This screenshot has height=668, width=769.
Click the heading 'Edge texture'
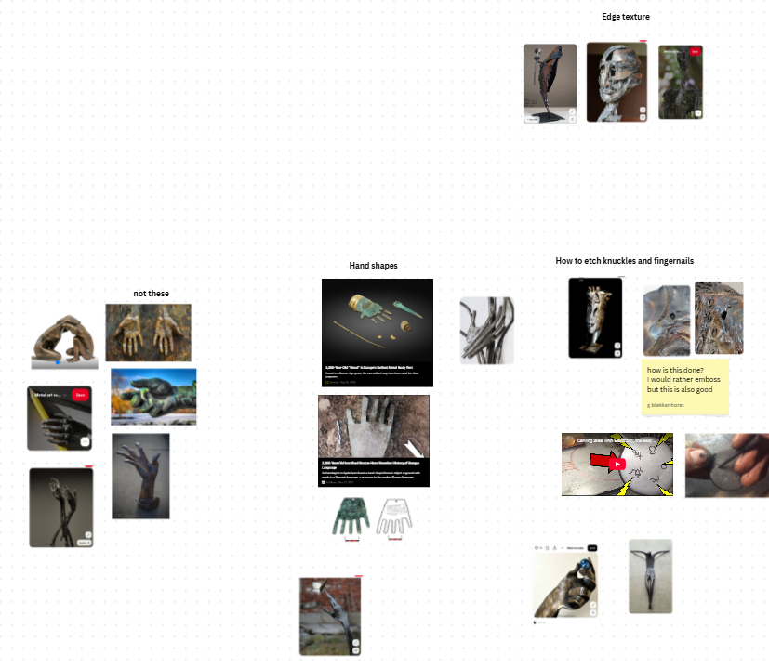625,17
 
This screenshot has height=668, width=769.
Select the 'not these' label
151,294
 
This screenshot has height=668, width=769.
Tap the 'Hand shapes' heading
373,266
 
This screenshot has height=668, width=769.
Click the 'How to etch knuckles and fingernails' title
624,261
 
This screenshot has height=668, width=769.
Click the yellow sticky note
684,386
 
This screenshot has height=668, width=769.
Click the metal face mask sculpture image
617,83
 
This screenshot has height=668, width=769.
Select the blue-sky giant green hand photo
153,397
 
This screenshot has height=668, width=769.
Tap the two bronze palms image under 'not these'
148,332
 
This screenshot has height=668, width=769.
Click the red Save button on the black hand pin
80,394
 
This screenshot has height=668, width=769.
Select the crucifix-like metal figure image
649,575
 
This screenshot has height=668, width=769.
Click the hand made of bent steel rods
486,330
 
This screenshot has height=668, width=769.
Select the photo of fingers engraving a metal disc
726,465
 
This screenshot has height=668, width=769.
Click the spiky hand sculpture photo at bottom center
330,616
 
